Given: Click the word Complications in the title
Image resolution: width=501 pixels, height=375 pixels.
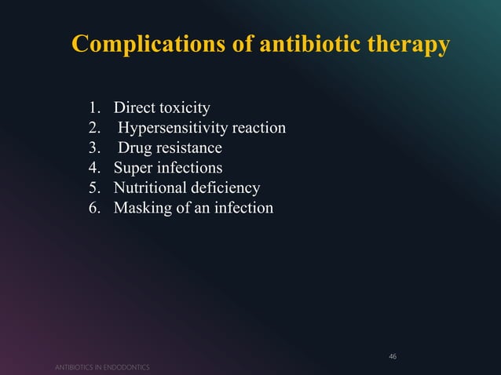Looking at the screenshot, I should (143, 45).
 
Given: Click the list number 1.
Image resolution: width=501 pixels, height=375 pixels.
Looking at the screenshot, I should (93, 107).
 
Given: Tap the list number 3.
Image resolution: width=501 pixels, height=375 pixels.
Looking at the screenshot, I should (93, 148).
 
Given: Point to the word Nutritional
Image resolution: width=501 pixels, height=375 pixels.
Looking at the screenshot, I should (152, 188).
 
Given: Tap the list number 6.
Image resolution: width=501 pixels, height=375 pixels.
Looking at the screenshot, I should (93, 209).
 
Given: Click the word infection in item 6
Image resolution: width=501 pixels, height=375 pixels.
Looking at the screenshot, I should (241, 209).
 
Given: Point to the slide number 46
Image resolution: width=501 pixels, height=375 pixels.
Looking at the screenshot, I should (393, 357).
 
